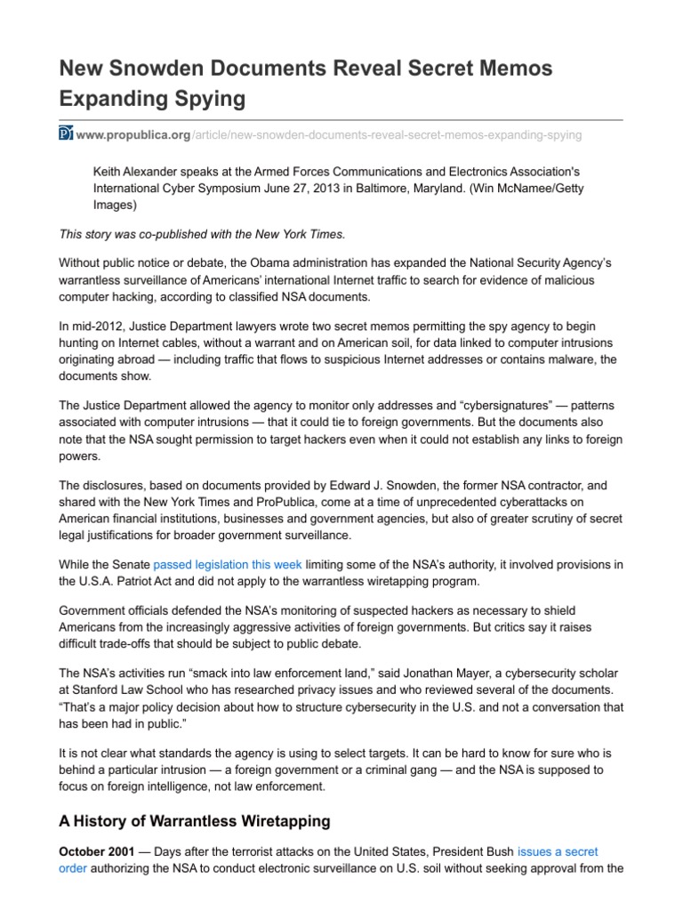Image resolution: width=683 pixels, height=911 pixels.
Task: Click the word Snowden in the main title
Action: (154, 68)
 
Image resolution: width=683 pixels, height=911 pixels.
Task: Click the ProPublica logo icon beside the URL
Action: (65, 134)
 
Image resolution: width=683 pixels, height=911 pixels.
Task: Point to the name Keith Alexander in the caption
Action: (137, 172)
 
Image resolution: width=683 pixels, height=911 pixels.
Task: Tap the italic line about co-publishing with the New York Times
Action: (201, 234)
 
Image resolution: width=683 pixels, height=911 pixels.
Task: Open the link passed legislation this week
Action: (228, 563)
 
